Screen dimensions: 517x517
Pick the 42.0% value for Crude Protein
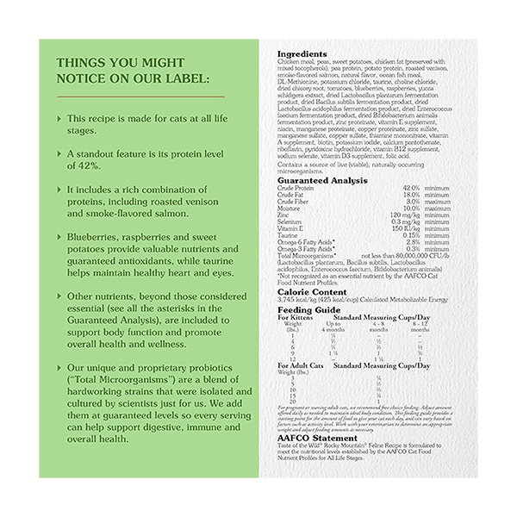coord(411,187)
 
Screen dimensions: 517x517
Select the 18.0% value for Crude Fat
coord(411,195)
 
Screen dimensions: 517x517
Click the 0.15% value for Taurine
coord(411,234)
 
